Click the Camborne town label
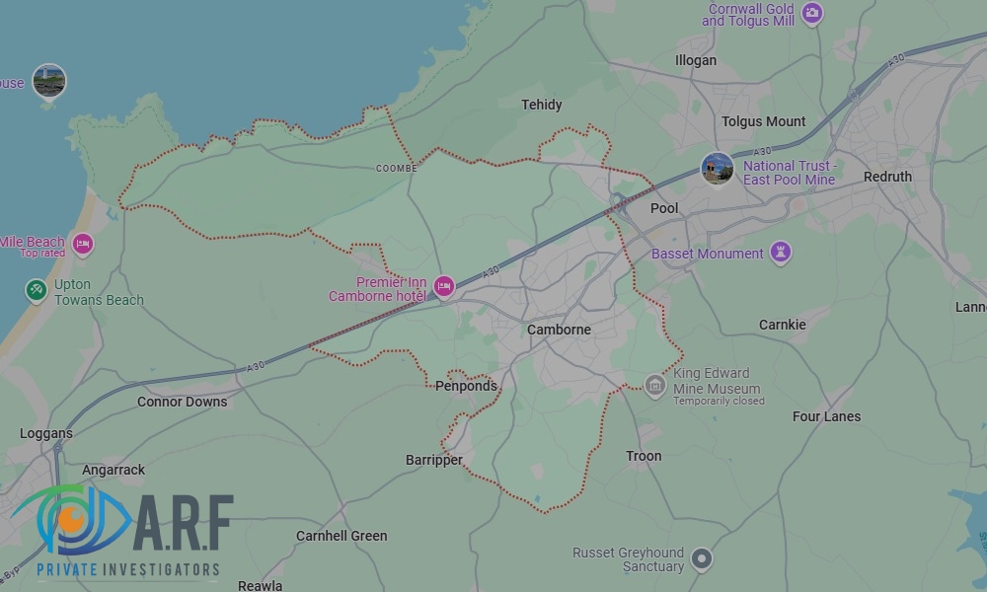click(559, 330)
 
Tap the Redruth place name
click(887, 177)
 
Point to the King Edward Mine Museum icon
click(654, 383)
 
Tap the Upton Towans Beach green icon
click(37, 290)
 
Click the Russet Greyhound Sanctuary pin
click(702, 558)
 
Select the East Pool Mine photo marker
click(717, 168)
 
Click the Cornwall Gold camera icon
click(811, 13)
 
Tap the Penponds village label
click(466, 386)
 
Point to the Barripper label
click(434, 460)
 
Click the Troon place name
click(644, 456)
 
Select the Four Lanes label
click(826, 416)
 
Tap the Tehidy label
click(541, 105)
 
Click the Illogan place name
click(696, 60)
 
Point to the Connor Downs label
click(182, 402)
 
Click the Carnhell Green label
click(342, 536)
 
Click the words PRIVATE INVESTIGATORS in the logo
click(127, 569)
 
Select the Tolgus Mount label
click(764, 121)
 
